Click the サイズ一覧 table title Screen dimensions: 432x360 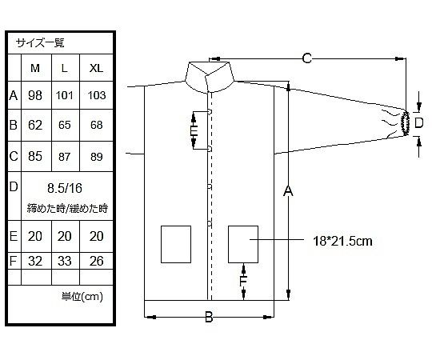coord(40,43)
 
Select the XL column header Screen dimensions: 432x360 coord(96,68)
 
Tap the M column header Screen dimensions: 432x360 coord(35,68)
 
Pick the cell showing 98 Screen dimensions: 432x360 coord(35,95)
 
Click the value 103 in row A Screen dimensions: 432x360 coord(97,95)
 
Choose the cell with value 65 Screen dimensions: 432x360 coord(65,125)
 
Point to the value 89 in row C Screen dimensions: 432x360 coord(97,157)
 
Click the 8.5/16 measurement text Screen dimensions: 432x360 coord(65,189)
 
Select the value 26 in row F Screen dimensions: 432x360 coord(97,261)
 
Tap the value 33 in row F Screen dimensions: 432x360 coord(65,261)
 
